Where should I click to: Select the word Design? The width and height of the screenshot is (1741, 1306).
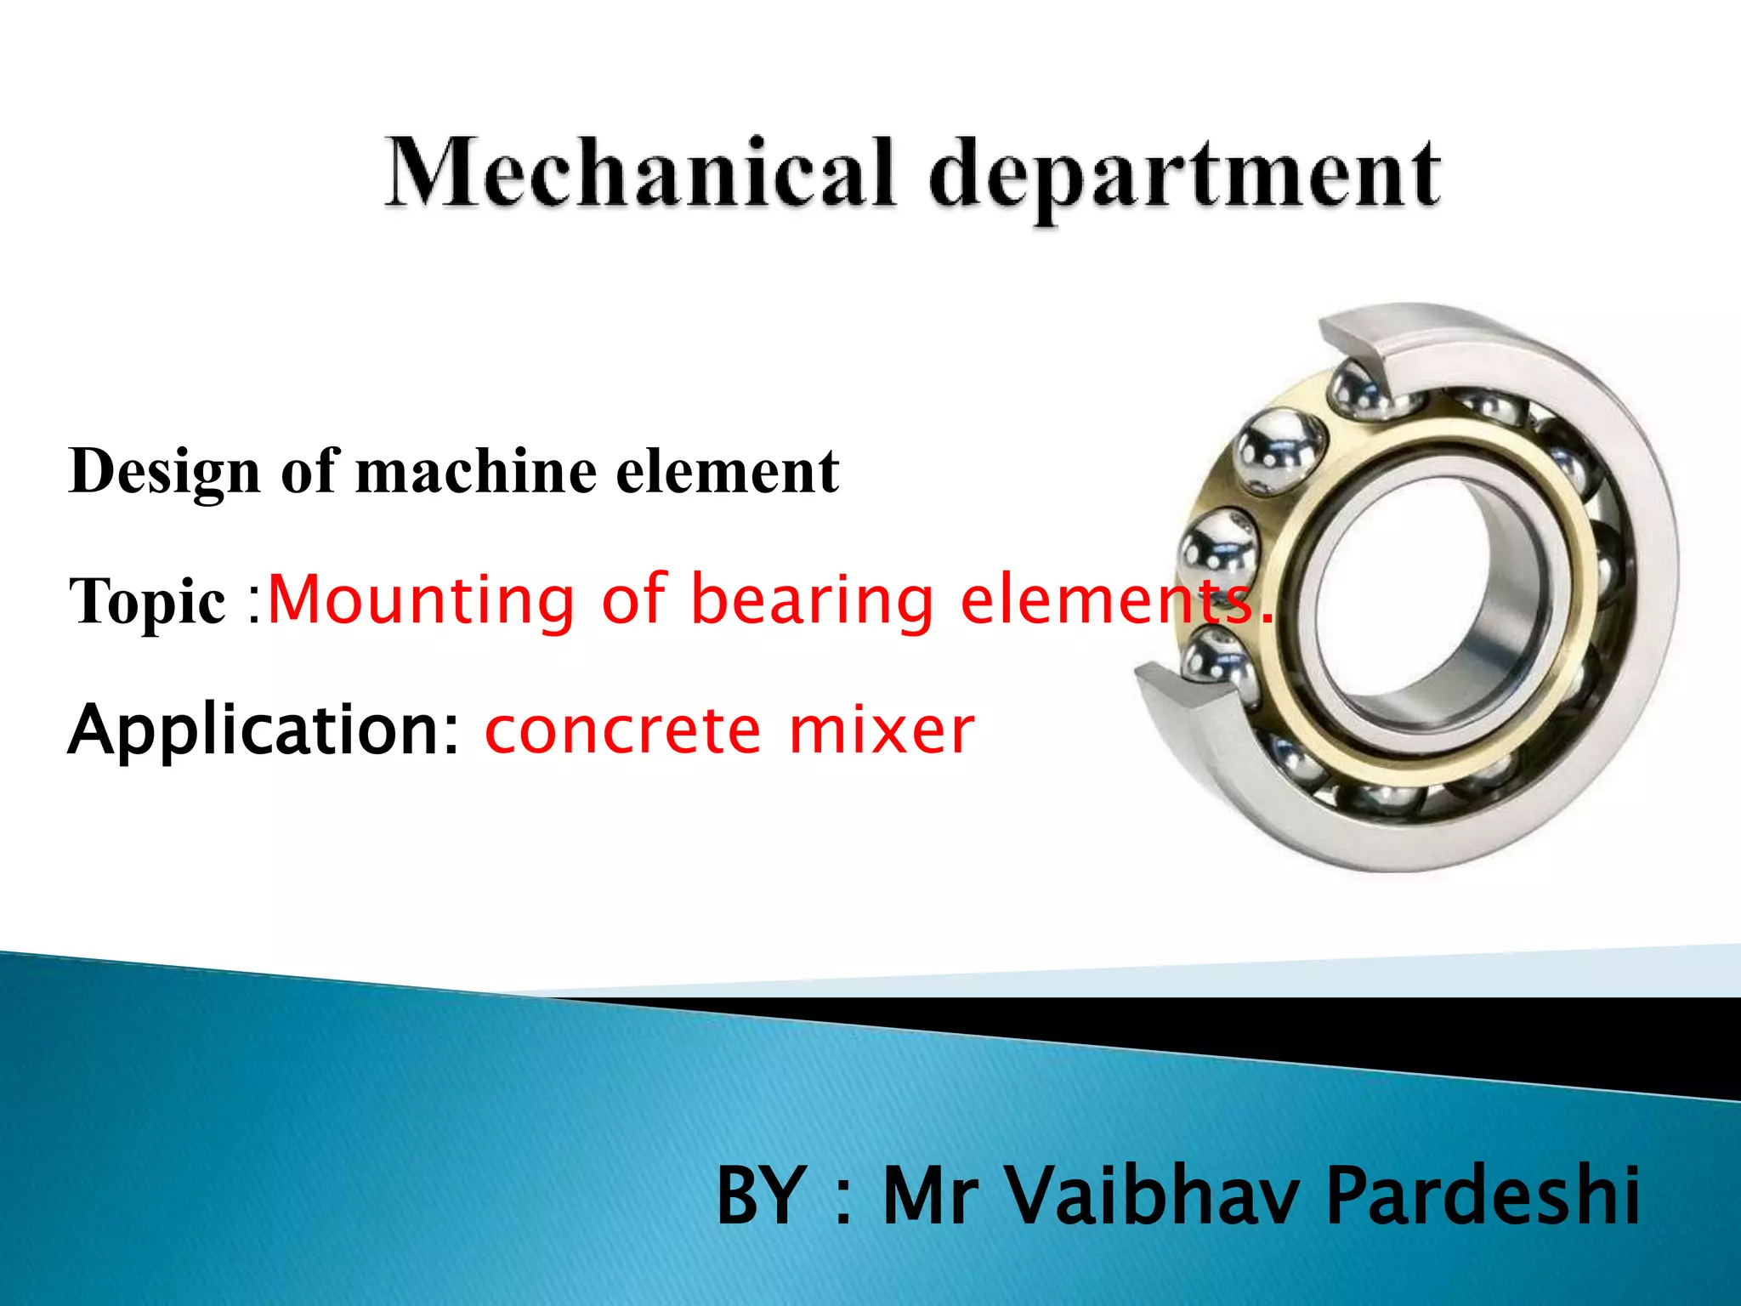pos(164,473)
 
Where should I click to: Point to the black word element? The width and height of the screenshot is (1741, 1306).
pos(727,471)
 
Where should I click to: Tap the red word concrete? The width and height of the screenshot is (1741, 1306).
pos(623,731)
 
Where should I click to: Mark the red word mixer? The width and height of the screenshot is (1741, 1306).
pos(881,731)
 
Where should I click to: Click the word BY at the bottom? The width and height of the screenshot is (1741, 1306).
pos(762,1195)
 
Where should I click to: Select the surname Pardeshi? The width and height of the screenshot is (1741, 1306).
pos(1483,1195)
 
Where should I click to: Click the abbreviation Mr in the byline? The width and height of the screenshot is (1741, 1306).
pos(929,1195)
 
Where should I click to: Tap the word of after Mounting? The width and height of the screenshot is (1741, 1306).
pos(634,599)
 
